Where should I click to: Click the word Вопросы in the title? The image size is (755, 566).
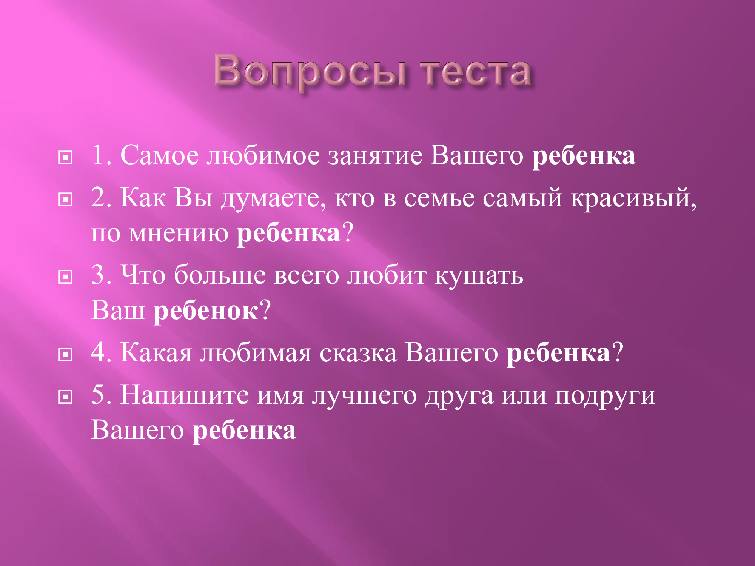click(x=310, y=72)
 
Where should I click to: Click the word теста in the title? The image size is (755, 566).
click(x=476, y=72)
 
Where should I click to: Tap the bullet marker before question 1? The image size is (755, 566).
click(x=65, y=157)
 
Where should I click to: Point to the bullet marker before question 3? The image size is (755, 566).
click(x=65, y=277)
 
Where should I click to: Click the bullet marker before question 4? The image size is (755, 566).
click(x=65, y=355)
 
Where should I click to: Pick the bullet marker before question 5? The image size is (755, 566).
click(x=65, y=397)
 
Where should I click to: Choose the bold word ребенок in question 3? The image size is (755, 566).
click(x=206, y=311)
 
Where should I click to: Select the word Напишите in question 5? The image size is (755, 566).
click(x=185, y=395)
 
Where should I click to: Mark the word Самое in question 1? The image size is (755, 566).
click(x=160, y=155)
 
